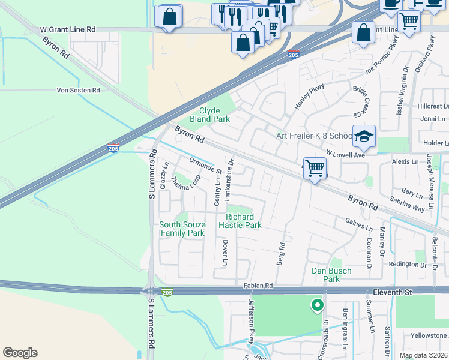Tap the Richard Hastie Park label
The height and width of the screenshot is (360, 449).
[244, 221]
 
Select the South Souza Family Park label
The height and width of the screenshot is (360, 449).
[182, 229]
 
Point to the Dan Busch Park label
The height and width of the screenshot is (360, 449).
[331, 275]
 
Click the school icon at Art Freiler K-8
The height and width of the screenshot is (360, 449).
[364, 137]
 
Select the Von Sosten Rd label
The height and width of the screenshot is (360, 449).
[78, 90]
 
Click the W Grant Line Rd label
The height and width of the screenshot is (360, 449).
[68, 29]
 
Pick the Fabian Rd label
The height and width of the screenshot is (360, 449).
[258, 286]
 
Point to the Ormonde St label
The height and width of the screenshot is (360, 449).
[206, 165]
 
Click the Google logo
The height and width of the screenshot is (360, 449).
[20, 353]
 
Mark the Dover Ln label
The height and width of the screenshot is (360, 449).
[226, 253]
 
